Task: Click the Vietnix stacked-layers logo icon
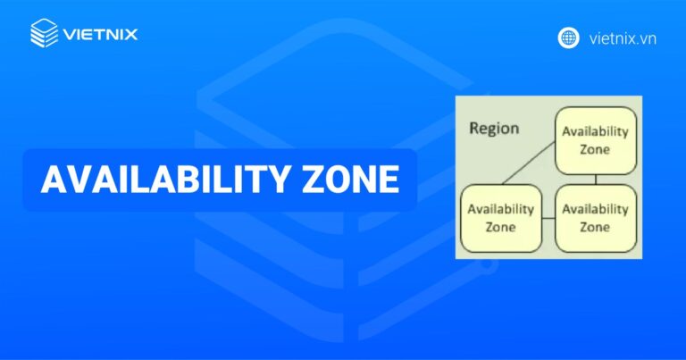coord(44,35)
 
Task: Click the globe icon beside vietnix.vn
coord(568,38)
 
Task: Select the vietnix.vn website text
coord(623,38)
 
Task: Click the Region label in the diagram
coord(493,128)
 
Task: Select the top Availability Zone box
coord(596,140)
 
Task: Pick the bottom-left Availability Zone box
coord(500,218)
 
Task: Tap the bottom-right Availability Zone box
coord(596,218)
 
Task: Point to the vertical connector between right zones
coord(596,179)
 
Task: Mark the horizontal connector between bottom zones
coord(548,218)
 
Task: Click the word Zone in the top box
coord(596,149)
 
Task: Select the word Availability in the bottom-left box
coord(500,209)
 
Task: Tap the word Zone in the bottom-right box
coord(596,227)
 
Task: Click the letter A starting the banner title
coord(53,180)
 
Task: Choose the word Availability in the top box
coord(596,131)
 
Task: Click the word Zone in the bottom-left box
coord(500,227)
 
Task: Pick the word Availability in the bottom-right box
coord(596,209)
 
